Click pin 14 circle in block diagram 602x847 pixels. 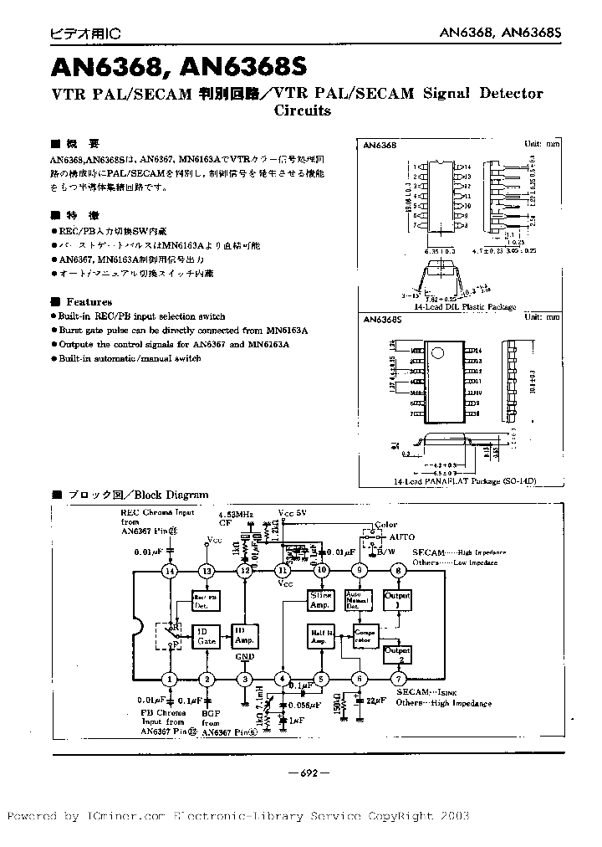pos(171,571)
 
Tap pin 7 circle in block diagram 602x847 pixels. pos(398,679)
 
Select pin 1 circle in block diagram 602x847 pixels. pos(171,679)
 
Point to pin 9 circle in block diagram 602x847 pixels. pos(360,571)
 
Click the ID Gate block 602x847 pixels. pos(206,636)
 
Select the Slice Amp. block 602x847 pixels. pos(321,600)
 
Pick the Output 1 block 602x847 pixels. pos(398,600)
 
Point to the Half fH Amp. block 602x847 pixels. pos(321,638)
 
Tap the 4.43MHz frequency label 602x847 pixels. pos(235,514)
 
